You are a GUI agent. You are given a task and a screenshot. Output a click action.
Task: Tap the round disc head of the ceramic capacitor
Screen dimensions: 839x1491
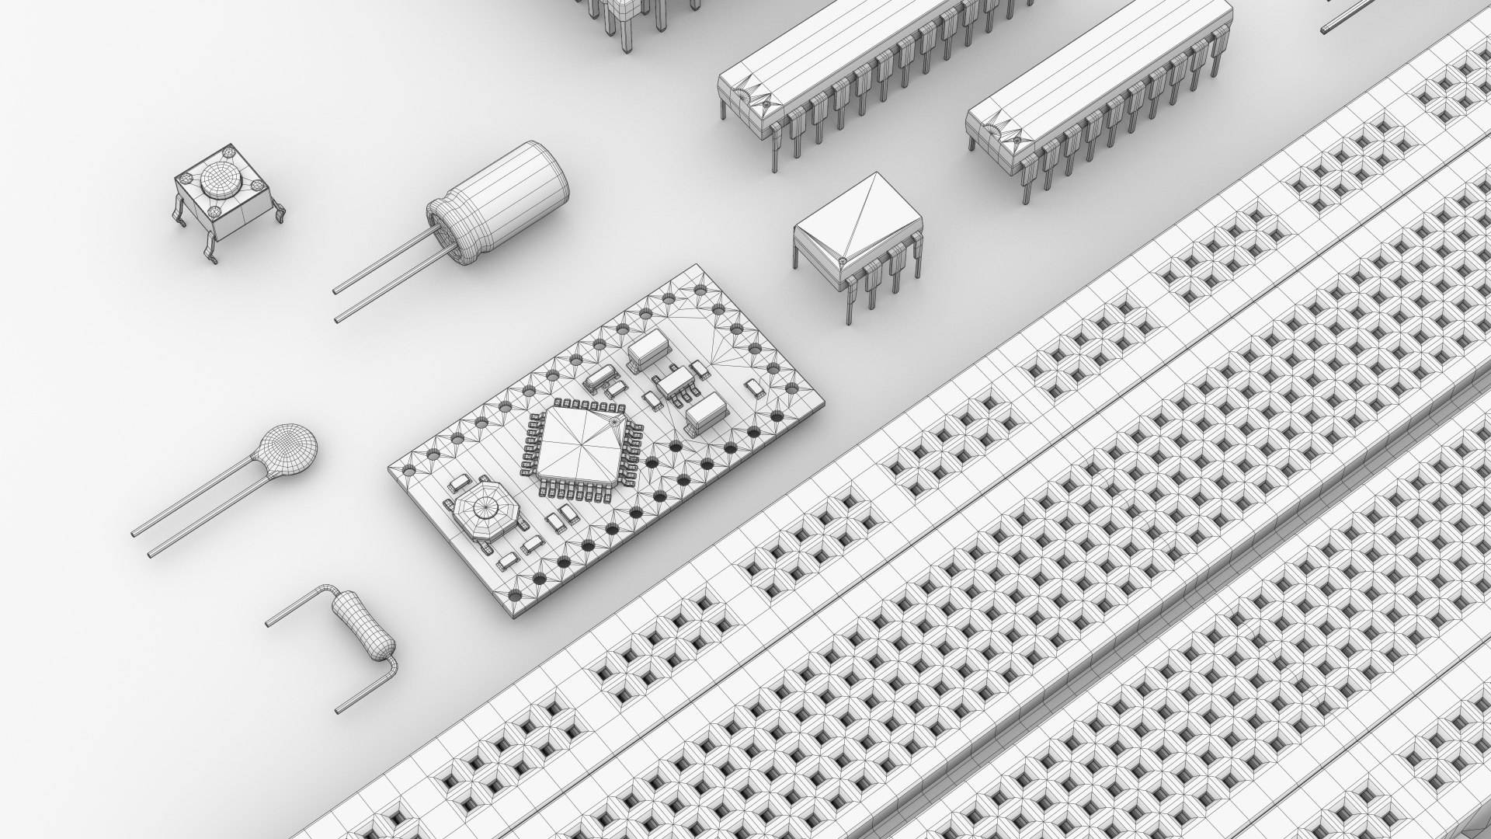[288, 450]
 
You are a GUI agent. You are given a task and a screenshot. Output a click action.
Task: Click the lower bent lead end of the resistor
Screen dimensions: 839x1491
[339, 708]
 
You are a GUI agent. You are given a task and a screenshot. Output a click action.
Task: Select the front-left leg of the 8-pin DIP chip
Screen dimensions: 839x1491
[850, 319]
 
